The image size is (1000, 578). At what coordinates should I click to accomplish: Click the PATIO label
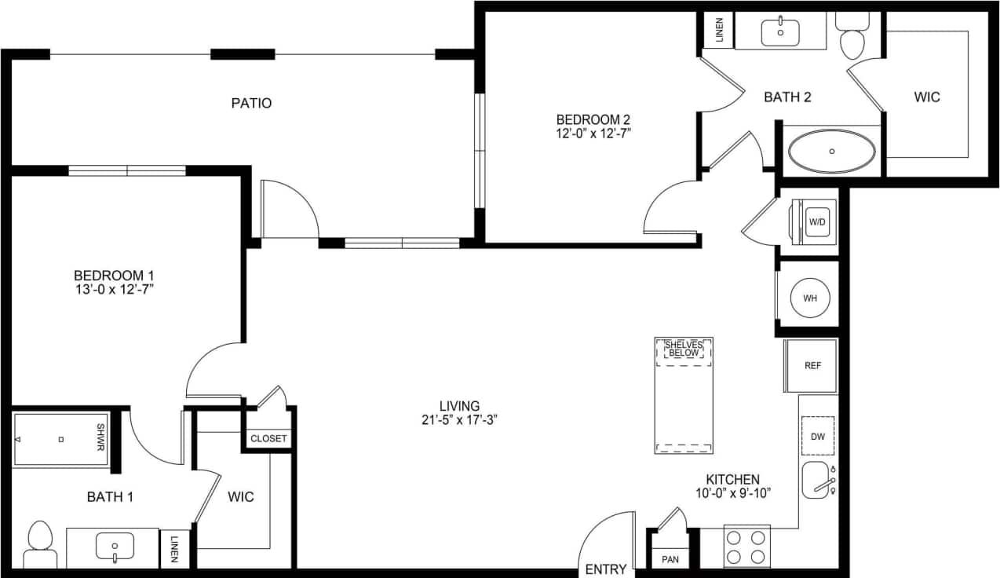[x=251, y=103]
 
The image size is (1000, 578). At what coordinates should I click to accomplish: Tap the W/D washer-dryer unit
[x=817, y=222]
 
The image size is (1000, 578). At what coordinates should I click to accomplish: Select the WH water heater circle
[x=810, y=298]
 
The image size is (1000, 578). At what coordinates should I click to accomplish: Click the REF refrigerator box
[x=812, y=365]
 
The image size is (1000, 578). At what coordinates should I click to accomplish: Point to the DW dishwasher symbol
[x=817, y=436]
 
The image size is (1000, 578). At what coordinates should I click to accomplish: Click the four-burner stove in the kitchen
[x=746, y=547]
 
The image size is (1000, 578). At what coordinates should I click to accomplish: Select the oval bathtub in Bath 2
[x=831, y=151]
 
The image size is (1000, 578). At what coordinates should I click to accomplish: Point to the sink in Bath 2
[x=780, y=32]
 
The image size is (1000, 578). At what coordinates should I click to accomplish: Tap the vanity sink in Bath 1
[x=115, y=546]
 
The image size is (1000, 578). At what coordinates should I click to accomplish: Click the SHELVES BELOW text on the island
[x=684, y=349]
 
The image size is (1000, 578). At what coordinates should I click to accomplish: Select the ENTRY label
[x=606, y=569]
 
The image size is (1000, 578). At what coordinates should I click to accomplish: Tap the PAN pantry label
[x=670, y=559]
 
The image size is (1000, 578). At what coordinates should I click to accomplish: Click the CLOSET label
[x=268, y=438]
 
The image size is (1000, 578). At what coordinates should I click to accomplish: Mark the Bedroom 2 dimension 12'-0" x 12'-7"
[x=593, y=134]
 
